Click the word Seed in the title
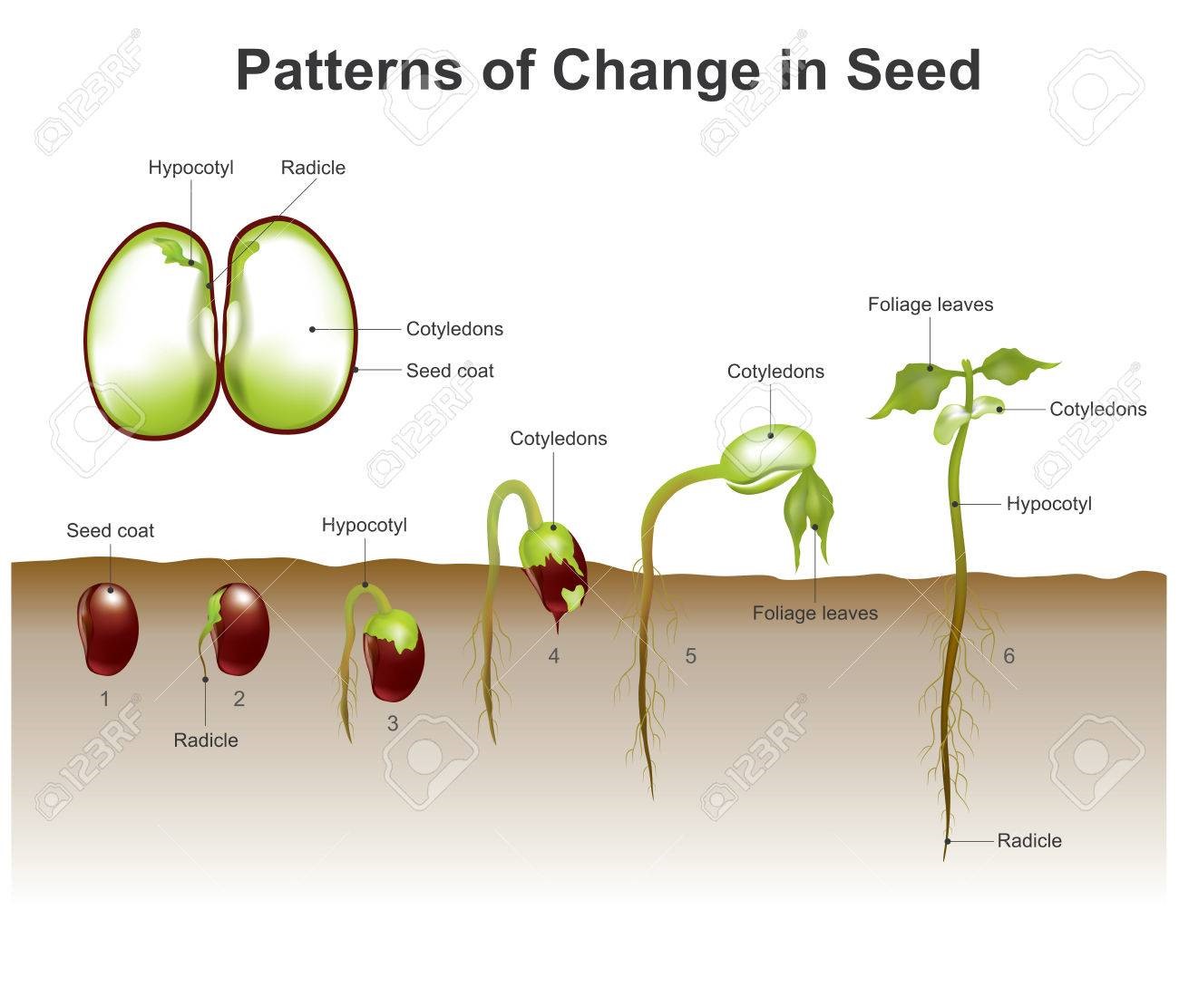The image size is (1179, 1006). pos(913,70)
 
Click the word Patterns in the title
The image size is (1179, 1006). pos(349,70)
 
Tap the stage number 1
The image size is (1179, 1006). pos(104,699)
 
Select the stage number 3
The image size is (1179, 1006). pos(393,723)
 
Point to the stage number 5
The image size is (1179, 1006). pos(691,656)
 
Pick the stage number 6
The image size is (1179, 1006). pos(1009,656)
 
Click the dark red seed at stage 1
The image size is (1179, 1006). pos(108,629)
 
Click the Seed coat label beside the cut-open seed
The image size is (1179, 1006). pos(450,371)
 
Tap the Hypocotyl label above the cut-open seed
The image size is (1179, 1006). pos(191,169)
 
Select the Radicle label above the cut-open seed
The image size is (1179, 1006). pos(313,168)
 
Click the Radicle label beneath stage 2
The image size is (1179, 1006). pos(206,740)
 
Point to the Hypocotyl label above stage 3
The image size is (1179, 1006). pos(365,526)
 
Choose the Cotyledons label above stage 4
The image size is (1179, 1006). pos(559,439)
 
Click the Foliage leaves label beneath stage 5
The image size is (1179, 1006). pos(815,614)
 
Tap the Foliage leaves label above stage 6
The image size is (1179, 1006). pos(931,305)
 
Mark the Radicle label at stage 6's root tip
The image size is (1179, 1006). pos(1029,841)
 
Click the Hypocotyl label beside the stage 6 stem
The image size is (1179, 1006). pos(1049,505)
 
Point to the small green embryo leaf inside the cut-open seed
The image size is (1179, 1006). pos(173,252)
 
